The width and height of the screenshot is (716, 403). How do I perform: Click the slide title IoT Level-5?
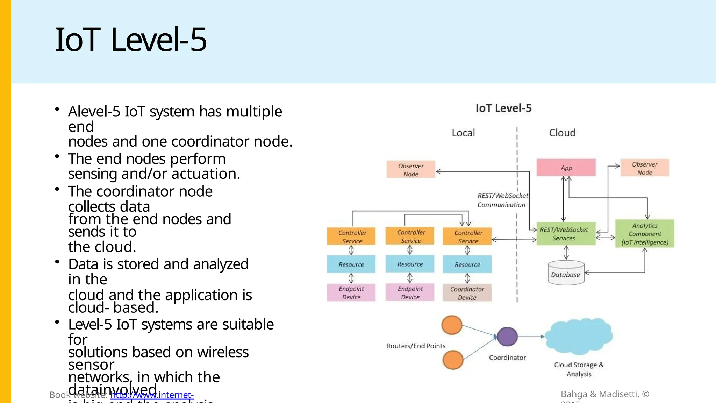(131, 40)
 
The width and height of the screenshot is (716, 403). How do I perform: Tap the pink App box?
(566, 168)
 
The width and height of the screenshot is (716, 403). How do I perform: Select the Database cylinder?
(566, 274)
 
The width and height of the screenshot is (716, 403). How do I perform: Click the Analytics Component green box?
(644, 234)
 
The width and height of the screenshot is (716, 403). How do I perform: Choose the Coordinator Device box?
(467, 293)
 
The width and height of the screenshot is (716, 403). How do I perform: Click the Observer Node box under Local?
(411, 170)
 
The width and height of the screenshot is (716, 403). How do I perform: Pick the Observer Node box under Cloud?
(644, 168)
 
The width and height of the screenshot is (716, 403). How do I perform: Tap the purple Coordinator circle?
(507, 337)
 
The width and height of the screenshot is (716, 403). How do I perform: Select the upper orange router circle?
(452, 325)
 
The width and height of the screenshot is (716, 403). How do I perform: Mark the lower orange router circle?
(453, 360)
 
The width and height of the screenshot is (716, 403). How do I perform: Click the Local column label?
(463, 133)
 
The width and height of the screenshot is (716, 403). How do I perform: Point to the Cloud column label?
(562, 133)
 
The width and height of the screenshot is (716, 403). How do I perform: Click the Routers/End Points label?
(416, 346)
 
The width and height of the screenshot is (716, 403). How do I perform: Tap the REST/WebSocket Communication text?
(502, 200)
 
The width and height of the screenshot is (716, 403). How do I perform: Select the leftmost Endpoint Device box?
(351, 293)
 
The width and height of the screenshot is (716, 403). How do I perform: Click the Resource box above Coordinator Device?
(467, 264)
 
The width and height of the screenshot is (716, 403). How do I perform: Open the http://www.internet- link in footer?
(152, 395)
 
